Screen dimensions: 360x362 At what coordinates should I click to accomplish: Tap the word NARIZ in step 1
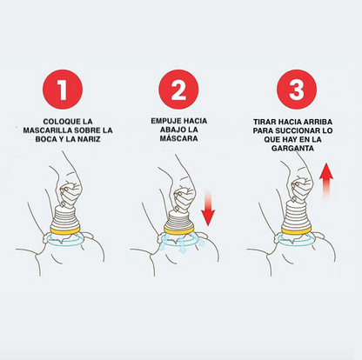86,141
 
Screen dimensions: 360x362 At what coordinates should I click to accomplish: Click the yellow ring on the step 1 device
66,231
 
